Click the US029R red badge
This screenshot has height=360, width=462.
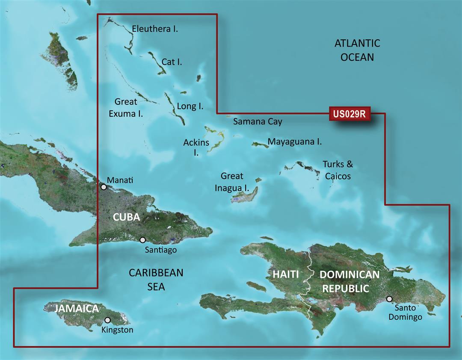(349, 114)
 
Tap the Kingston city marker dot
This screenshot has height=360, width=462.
(108, 320)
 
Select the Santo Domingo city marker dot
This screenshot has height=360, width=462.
(389, 299)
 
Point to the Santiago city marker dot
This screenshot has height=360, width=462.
(142, 240)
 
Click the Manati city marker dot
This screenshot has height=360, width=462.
(104, 187)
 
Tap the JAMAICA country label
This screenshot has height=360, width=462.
(77, 308)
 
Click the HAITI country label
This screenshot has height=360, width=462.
(285, 274)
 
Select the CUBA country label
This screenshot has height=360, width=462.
(126, 217)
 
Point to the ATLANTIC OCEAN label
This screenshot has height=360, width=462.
(357, 50)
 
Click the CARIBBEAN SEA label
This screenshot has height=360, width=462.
(156, 279)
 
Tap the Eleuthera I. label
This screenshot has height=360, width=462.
(155, 29)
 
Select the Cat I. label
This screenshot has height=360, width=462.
(172, 62)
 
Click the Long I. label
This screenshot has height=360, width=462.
(190, 106)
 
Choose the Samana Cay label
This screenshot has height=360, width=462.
(258, 121)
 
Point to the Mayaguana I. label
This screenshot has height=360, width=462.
(294, 142)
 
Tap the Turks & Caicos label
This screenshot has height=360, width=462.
(338, 170)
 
